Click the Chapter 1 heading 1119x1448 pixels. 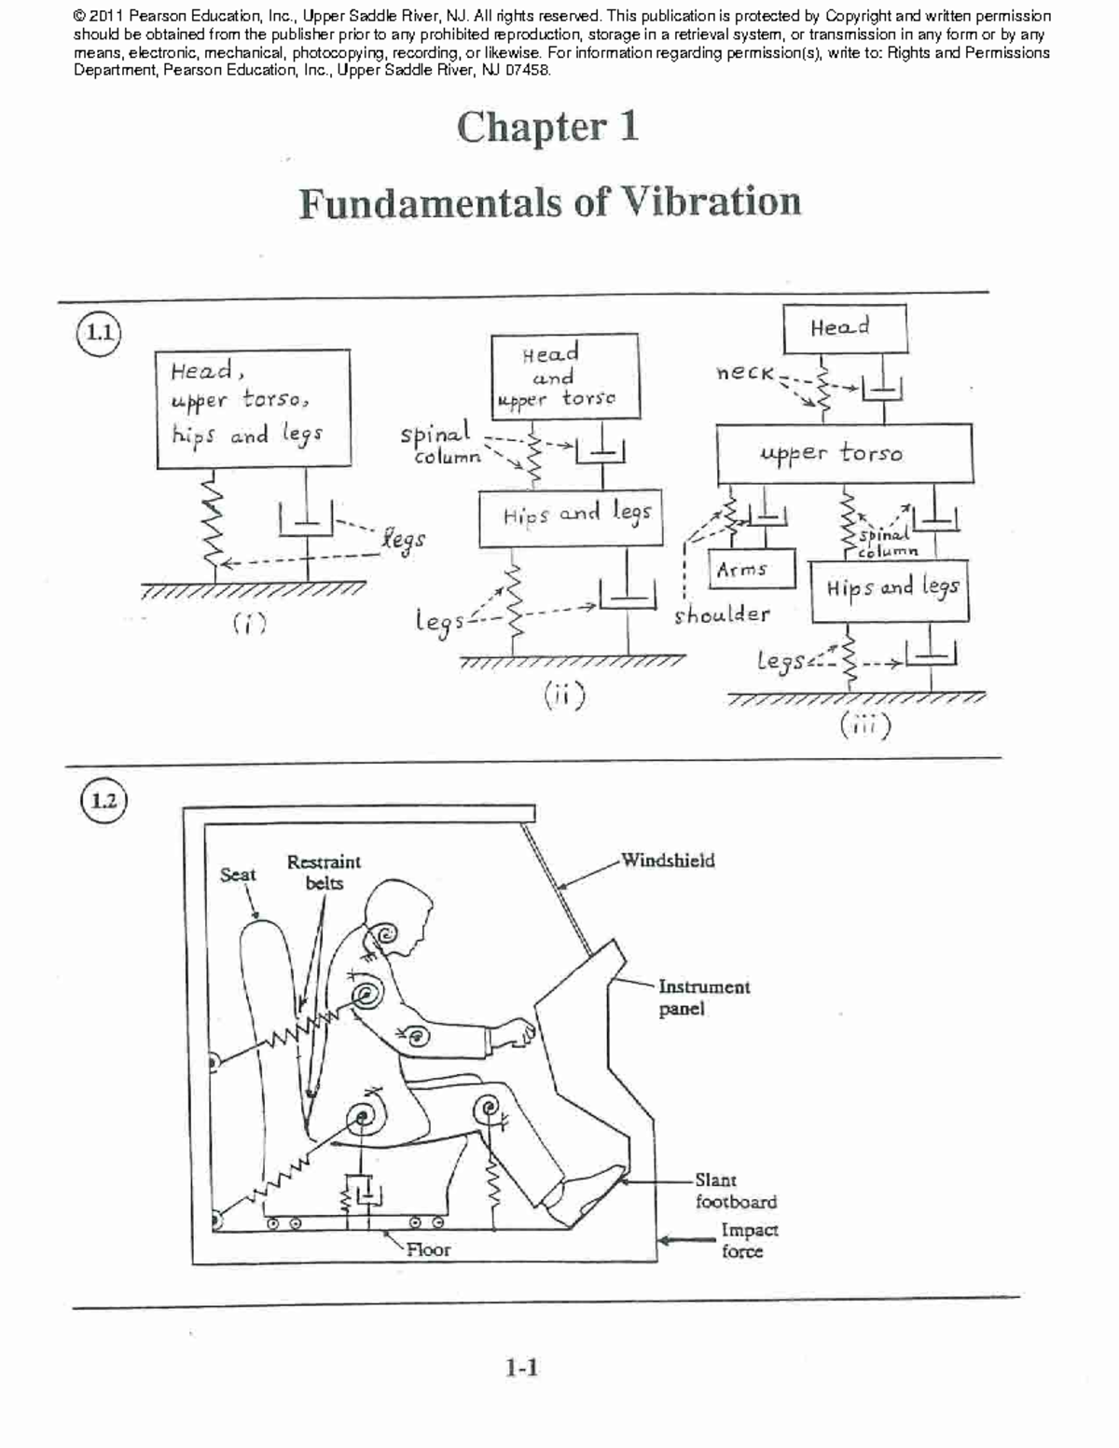coord(547,128)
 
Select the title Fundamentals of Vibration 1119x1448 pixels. coord(549,202)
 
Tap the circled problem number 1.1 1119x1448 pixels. coord(98,333)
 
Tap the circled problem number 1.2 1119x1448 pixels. coord(104,801)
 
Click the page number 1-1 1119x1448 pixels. coord(521,1368)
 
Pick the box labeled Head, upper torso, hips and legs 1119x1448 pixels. coord(253,407)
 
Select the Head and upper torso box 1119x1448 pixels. coord(564,376)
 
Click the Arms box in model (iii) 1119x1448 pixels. coord(753,570)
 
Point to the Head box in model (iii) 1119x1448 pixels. coord(844,328)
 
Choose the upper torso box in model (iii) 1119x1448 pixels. coord(844,453)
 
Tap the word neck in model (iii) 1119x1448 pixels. coord(744,373)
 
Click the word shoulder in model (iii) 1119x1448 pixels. coord(722,614)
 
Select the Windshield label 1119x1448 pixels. coord(668,860)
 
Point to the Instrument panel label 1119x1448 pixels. coord(703,997)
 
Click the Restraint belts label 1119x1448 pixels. coord(324,872)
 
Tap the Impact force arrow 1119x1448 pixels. coord(687,1240)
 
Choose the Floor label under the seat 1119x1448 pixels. coord(428,1249)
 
